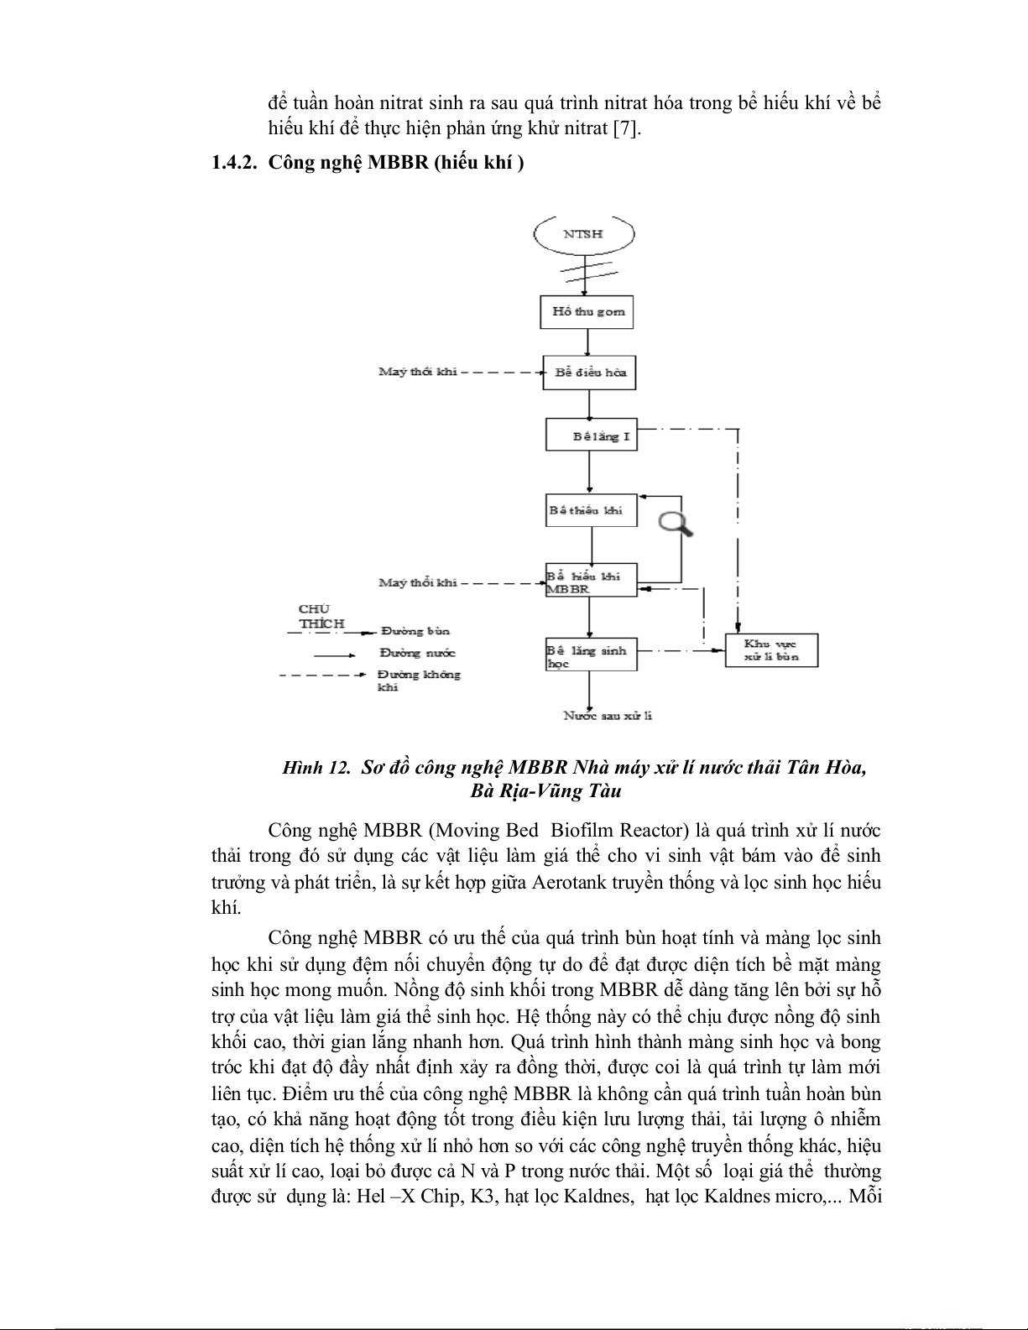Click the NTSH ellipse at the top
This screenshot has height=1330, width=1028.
coord(583,233)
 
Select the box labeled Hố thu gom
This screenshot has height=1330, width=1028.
coord(587,311)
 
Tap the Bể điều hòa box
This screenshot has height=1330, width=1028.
coord(589,372)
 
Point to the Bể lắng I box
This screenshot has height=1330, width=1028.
coord(592,436)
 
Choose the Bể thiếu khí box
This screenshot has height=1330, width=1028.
coord(590,510)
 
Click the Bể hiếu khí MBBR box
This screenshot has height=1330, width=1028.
coord(591,581)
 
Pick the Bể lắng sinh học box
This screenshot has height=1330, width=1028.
coord(591,655)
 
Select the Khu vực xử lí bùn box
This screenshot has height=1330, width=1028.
coord(770,650)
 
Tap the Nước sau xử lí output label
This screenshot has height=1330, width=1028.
coord(608,716)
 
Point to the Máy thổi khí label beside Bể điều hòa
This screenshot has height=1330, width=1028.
coord(418,372)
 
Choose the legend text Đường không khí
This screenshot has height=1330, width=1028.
coord(419,680)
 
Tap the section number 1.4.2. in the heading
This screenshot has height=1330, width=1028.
coord(234,163)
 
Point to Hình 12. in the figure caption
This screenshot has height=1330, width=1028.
coord(316,767)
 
